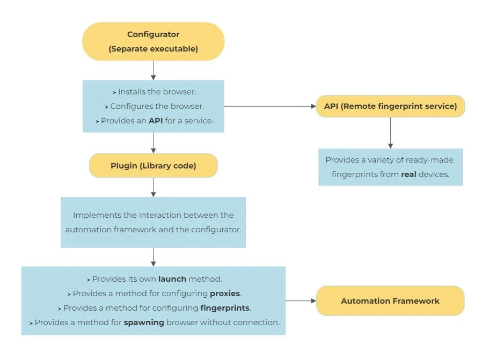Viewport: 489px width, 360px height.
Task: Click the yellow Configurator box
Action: pos(153,41)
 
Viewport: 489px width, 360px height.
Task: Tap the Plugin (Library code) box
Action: pos(153,165)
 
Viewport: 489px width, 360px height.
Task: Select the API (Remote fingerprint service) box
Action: pos(390,106)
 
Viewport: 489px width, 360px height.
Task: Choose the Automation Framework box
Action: pos(390,301)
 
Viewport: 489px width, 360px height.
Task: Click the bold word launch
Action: pos(172,279)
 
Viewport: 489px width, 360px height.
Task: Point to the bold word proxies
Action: pos(225,293)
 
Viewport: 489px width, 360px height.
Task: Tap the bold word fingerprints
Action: pos(225,308)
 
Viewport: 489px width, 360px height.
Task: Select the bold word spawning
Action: pos(144,322)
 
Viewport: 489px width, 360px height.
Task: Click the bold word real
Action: pos(408,174)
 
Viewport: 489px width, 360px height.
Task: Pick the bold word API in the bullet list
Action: pos(156,121)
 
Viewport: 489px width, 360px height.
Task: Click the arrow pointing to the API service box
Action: pos(270,106)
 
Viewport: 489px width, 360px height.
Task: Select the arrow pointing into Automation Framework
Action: pos(301,301)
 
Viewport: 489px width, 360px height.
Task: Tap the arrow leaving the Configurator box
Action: pos(153,70)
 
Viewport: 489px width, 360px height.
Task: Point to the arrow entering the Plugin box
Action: pos(153,143)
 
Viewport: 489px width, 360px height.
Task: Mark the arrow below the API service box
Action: pos(390,133)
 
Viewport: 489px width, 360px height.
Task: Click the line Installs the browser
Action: pos(154,92)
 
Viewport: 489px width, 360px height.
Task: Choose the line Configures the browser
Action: pos(154,106)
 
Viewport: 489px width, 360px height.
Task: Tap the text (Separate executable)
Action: pos(153,49)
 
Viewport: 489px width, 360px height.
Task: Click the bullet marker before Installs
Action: pos(114,93)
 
